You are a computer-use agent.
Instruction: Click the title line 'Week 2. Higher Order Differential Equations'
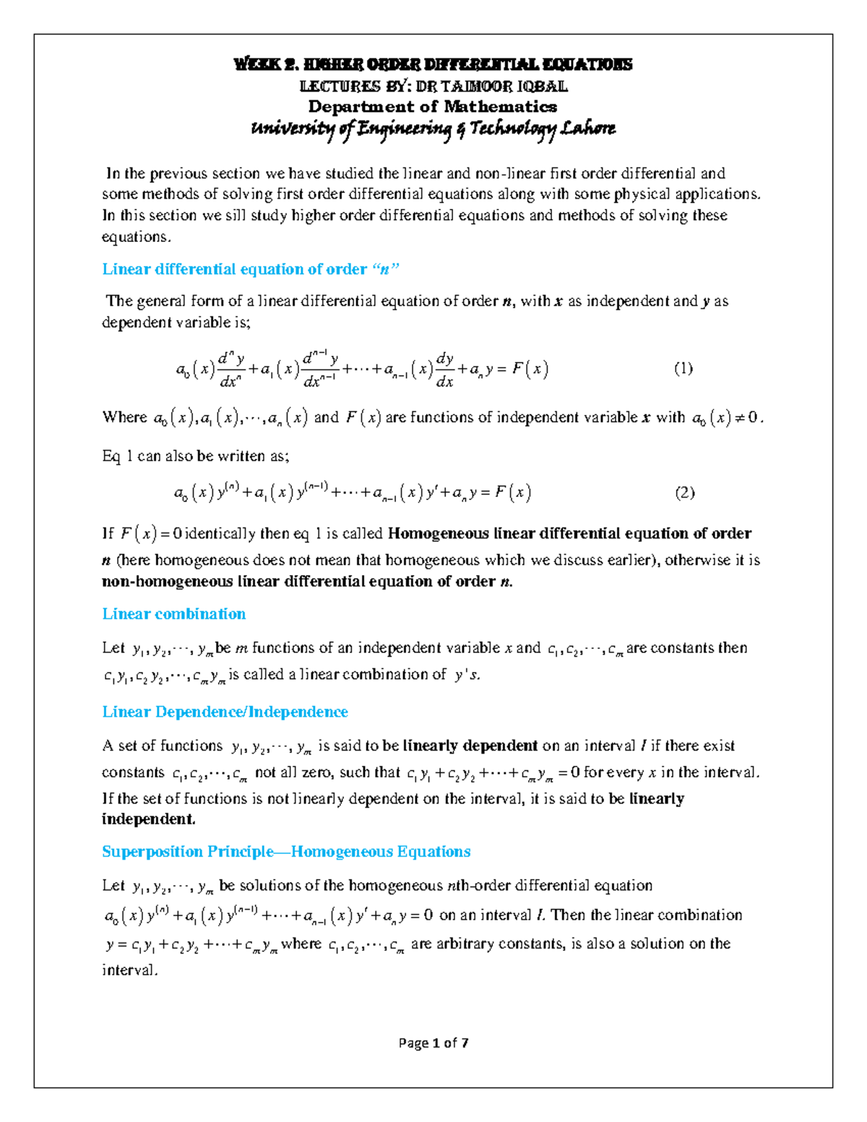click(433, 64)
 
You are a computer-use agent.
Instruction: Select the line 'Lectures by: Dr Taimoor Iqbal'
click(433, 86)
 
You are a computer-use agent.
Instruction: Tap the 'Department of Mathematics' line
click(433, 107)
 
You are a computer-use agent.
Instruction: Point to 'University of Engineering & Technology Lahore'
click(433, 129)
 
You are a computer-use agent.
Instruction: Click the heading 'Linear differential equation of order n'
click(251, 269)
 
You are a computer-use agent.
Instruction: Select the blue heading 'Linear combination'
click(173, 614)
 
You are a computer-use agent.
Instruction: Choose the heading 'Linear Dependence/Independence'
click(225, 712)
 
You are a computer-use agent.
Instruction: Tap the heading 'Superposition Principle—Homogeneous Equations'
click(286, 852)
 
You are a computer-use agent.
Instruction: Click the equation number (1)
click(683, 368)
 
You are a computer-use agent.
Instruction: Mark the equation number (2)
click(684, 493)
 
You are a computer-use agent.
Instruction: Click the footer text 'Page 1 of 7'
click(433, 1043)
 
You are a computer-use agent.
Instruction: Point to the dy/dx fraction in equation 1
click(444, 369)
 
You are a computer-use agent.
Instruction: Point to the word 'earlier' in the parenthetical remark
click(631, 560)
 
